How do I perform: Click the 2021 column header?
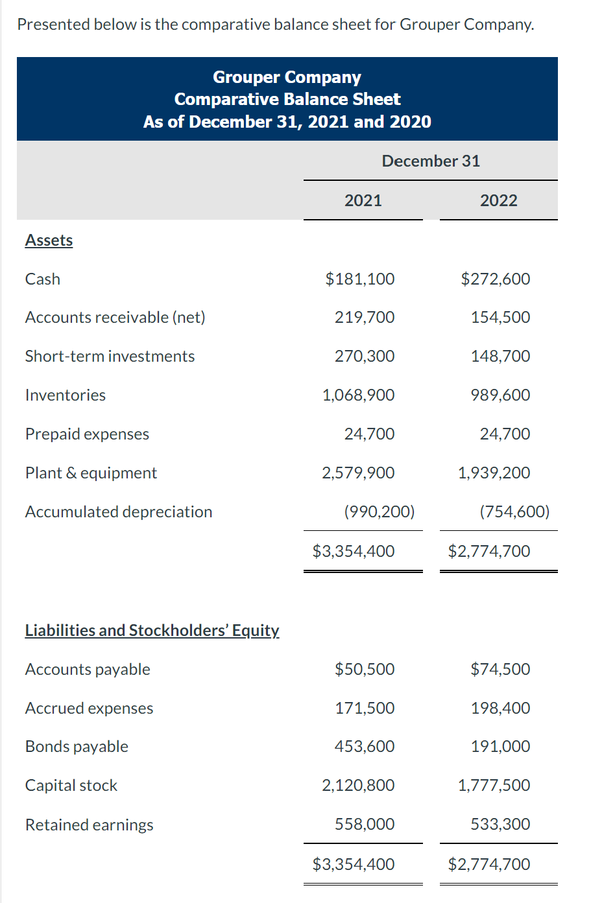[x=363, y=200]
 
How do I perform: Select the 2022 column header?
[x=498, y=200]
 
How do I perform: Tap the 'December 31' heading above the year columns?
[x=431, y=161]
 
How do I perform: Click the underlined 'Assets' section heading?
[x=49, y=240]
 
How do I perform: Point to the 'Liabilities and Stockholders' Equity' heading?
[x=152, y=631]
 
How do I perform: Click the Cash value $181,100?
[x=359, y=279]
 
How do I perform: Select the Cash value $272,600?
[x=495, y=279]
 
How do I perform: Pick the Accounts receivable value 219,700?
[x=364, y=318]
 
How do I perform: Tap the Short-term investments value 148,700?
[x=500, y=357]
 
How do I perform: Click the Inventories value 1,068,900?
[x=358, y=395]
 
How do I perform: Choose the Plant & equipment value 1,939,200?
[x=494, y=473]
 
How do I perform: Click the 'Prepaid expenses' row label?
[x=87, y=434]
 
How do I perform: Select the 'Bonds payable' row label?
[x=77, y=747]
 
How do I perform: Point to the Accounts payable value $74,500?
[x=500, y=670]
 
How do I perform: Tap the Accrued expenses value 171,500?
[x=364, y=709]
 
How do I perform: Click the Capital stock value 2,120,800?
[x=358, y=786]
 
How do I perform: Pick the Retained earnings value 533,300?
[x=500, y=825]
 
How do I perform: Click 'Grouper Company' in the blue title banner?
[x=287, y=77]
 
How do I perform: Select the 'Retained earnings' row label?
[x=89, y=825]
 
